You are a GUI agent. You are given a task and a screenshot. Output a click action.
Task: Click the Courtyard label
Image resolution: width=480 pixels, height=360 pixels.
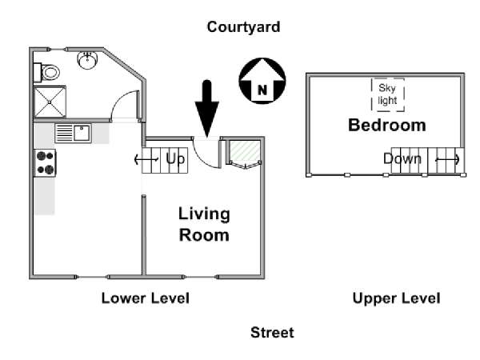click(x=243, y=27)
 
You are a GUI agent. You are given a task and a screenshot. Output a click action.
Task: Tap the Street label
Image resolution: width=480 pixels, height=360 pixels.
click(x=272, y=333)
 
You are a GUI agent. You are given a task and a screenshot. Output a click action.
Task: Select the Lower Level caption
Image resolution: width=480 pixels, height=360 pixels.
click(x=146, y=298)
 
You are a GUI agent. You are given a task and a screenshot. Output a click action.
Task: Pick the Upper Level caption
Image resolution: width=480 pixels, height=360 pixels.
click(x=397, y=298)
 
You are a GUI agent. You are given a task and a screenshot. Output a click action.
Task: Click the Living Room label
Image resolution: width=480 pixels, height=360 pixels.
click(x=204, y=224)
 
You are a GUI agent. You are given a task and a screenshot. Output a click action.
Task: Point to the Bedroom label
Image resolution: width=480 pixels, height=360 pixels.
click(x=387, y=126)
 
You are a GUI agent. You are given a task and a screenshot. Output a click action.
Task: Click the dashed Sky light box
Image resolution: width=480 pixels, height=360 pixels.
click(x=388, y=94)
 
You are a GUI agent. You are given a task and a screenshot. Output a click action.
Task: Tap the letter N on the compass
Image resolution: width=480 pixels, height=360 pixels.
click(x=262, y=90)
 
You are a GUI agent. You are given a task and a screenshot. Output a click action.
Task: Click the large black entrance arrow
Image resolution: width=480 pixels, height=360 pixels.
click(x=207, y=109)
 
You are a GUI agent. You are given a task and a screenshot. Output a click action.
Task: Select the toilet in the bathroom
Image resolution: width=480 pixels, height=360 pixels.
click(x=47, y=73)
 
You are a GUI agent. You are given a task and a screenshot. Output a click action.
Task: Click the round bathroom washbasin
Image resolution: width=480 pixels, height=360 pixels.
click(x=87, y=60)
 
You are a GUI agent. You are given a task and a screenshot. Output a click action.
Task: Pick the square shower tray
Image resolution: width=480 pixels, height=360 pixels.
click(x=50, y=102)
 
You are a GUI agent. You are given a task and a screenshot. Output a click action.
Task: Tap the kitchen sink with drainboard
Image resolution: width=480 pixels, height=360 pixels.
click(x=73, y=133)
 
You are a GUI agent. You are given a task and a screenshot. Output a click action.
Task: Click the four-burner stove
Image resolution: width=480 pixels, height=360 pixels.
click(x=46, y=163)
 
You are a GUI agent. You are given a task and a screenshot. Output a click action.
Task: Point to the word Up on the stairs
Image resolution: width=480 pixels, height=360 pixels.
click(x=175, y=159)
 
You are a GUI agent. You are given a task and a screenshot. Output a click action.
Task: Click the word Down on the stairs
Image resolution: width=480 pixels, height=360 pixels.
click(x=402, y=158)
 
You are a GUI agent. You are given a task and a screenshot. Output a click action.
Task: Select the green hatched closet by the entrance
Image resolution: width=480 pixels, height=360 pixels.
click(x=245, y=151)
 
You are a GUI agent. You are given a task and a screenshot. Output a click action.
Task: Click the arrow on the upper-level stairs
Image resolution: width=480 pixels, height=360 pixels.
click(x=447, y=159)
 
